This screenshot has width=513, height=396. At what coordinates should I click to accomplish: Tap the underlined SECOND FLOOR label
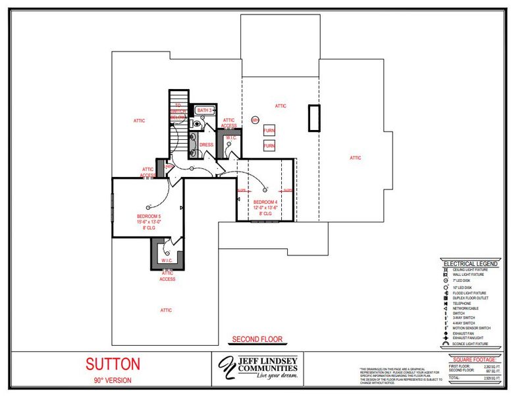click(257, 340)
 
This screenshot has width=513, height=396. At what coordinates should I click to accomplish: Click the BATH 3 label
click(205, 110)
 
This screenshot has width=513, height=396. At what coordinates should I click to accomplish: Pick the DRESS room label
click(206, 145)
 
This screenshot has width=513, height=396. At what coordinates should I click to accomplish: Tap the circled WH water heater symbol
click(255, 120)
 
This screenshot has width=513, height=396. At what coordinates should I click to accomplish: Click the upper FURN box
click(269, 131)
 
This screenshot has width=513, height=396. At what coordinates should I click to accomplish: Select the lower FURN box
click(269, 145)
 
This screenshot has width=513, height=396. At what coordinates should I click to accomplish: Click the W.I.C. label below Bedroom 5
click(167, 261)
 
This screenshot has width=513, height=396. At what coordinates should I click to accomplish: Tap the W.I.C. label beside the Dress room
click(230, 138)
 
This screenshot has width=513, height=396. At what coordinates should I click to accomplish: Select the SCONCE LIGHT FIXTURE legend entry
click(471, 344)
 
